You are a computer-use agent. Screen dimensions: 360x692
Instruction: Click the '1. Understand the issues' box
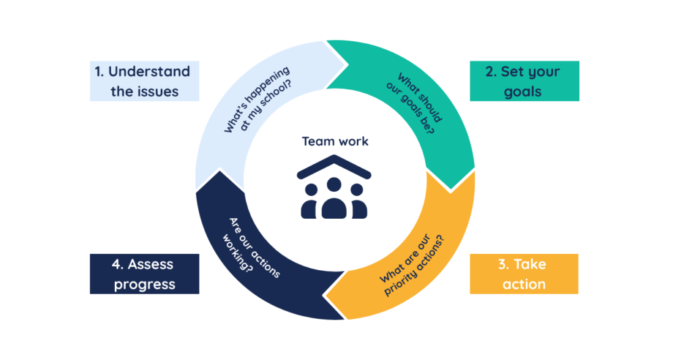[x=145, y=81]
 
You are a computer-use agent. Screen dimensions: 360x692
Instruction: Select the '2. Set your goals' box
[x=524, y=81]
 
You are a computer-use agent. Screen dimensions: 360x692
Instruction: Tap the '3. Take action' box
[x=524, y=274]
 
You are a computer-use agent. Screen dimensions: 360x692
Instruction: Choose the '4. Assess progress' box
[x=145, y=274]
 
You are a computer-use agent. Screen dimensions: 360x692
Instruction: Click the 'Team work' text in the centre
[x=335, y=141]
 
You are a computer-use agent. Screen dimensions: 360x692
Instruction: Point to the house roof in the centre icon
[x=334, y=165]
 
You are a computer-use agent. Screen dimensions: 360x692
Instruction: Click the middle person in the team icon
[x=334, y=199]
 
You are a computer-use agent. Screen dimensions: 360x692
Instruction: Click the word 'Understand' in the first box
[x=149, y=72]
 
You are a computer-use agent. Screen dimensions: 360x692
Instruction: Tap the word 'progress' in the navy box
[x=145, y=284]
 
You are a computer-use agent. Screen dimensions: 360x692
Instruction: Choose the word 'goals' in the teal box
[x=523, y=91]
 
